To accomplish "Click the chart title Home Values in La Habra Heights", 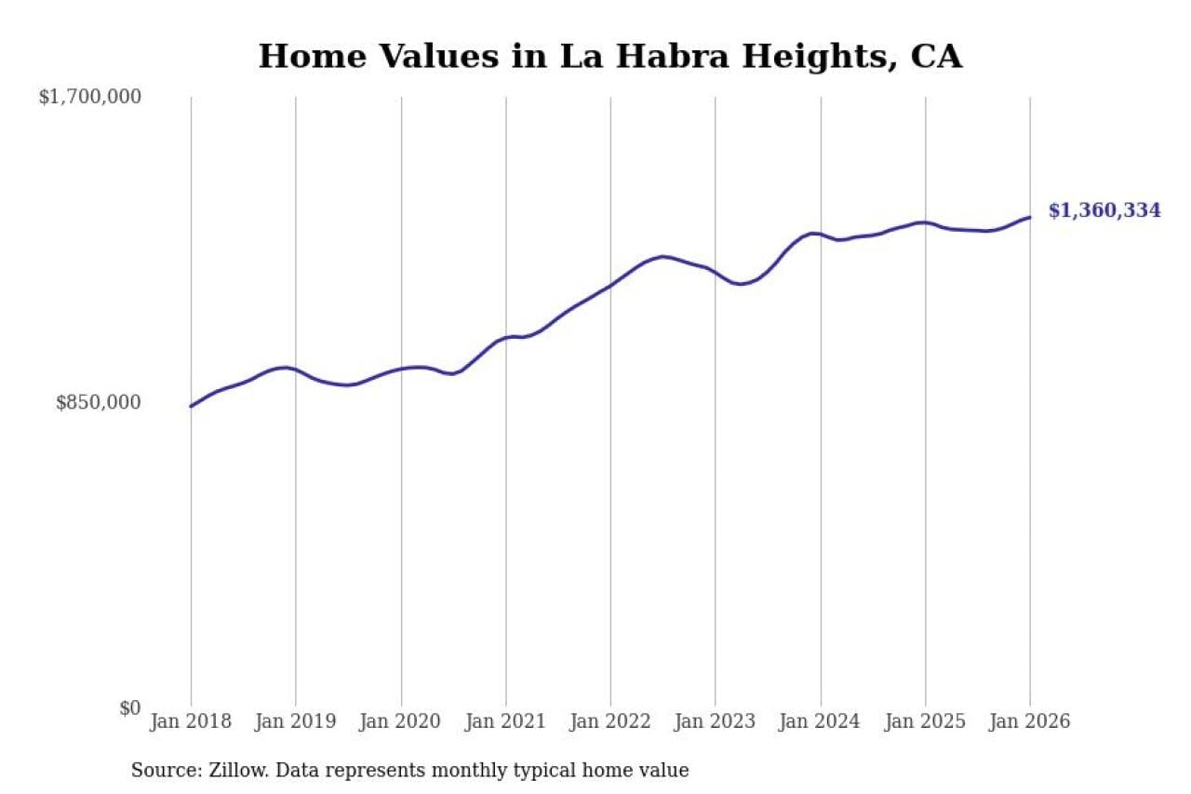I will (609, 57).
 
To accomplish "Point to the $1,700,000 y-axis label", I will (89, 97).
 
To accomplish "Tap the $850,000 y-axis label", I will (99, 402).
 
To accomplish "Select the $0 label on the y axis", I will (129, 707).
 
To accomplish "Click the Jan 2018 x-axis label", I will (191, 722).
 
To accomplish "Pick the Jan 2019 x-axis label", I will (296, 722).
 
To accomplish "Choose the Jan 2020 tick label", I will (401, 722).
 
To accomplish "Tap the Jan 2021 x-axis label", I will (506, 722).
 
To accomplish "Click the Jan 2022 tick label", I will (610, 722).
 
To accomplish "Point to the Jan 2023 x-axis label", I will (716, 722).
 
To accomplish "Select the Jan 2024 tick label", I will (821, 722).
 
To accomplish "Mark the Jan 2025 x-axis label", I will (926, 722).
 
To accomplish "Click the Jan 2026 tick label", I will (1030, 722).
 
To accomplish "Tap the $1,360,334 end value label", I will (1104, 211).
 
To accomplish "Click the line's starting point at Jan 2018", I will (191, 406).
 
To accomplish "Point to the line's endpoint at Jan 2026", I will (1030, 218).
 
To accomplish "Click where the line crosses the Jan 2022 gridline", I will (610, 286).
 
